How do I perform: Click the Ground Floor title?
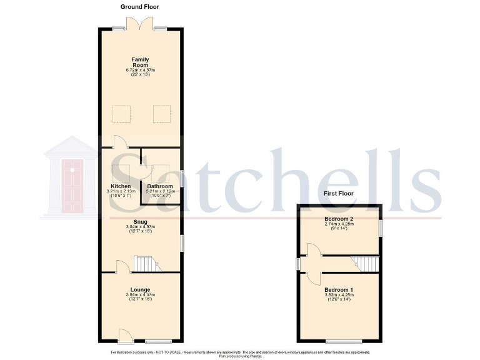tap(141, 7)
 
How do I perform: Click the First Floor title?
tap(338, 194)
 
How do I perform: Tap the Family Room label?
tap(140, 62)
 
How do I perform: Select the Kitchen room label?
tap(121, 186)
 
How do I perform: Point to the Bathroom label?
tap(160, 186)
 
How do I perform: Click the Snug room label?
tap(139, 221)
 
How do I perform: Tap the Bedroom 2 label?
tap(339, 219)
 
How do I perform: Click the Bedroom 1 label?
tap(339, 290)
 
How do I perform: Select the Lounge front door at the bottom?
tap(125, 336)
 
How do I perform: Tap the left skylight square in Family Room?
tap(121, 114)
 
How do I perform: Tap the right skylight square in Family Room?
tap(162, 114)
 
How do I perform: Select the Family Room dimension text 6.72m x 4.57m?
tap(140, 70)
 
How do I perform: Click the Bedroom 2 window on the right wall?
tap(380, 228)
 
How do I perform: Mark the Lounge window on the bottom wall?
tap(159, 341)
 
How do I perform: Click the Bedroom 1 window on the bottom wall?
tap(343, 341)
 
